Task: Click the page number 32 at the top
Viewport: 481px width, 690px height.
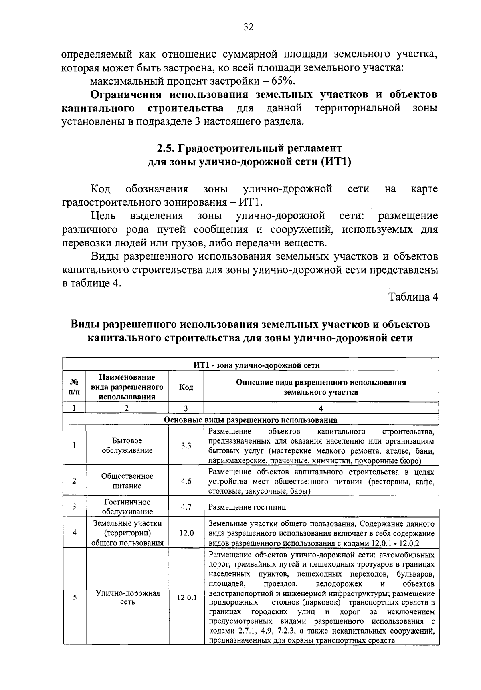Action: (x=248, y=27)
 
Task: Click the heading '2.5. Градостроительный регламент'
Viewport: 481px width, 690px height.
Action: (x=250, y=148)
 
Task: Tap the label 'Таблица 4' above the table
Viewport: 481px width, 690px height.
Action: (x=413, y=297)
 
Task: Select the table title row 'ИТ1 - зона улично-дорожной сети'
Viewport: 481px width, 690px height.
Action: (x=251, y=365)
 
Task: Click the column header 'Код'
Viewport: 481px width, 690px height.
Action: (x=186, y=387)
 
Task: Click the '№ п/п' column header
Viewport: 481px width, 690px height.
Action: (x=75, y=387)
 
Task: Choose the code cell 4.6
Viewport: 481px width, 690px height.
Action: (x=186, y=481)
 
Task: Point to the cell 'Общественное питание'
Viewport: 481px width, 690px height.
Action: (x=127, y=481)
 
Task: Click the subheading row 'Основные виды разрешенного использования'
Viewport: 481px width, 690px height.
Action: (x=251, y=420)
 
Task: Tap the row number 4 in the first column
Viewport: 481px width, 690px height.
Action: (x=75, y=533)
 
